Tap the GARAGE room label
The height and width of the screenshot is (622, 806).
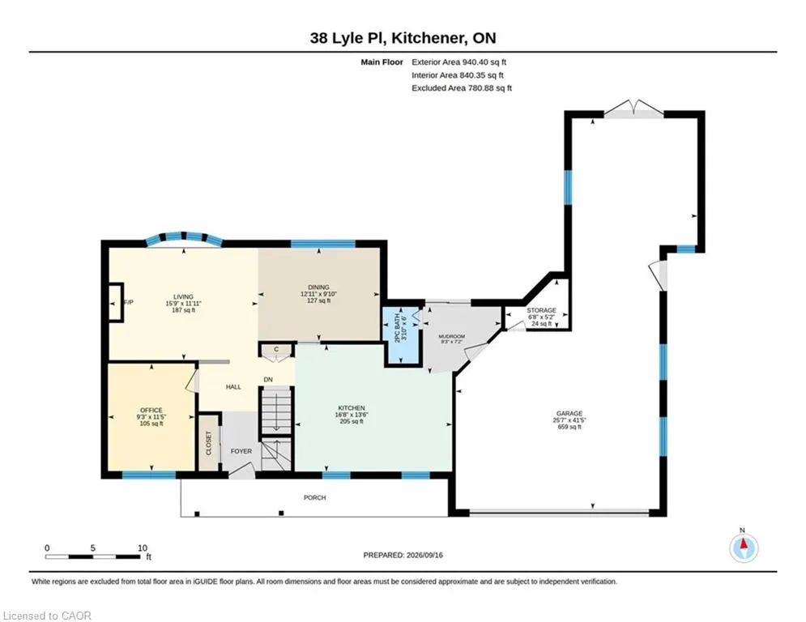(569, 413)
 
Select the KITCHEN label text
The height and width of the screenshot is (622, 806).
(352, 408)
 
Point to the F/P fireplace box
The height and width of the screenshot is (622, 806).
(116, 303)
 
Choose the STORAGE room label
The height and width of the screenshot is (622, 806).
(541, 310)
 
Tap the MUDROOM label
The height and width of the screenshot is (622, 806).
(451, 337)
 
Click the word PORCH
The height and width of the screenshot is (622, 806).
(314, 497)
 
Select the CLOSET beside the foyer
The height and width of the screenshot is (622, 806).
(209, 442)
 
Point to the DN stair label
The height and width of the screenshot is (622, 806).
(268, 380)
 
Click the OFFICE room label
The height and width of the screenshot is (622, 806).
(151, 410)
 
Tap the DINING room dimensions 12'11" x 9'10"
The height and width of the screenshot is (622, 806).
(318, 294)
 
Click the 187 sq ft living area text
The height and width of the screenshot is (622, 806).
(184, 310)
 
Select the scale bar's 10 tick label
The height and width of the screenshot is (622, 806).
(143, 548)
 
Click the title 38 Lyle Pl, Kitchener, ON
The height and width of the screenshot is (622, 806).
(403, 38)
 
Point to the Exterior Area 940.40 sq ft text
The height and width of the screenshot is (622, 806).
(459, 62)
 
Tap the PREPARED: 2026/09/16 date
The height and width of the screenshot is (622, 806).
(403, 555)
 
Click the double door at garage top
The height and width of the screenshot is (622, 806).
(633, 109)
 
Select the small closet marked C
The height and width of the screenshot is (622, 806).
(276, 350)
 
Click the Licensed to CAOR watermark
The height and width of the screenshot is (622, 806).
(47, 616)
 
